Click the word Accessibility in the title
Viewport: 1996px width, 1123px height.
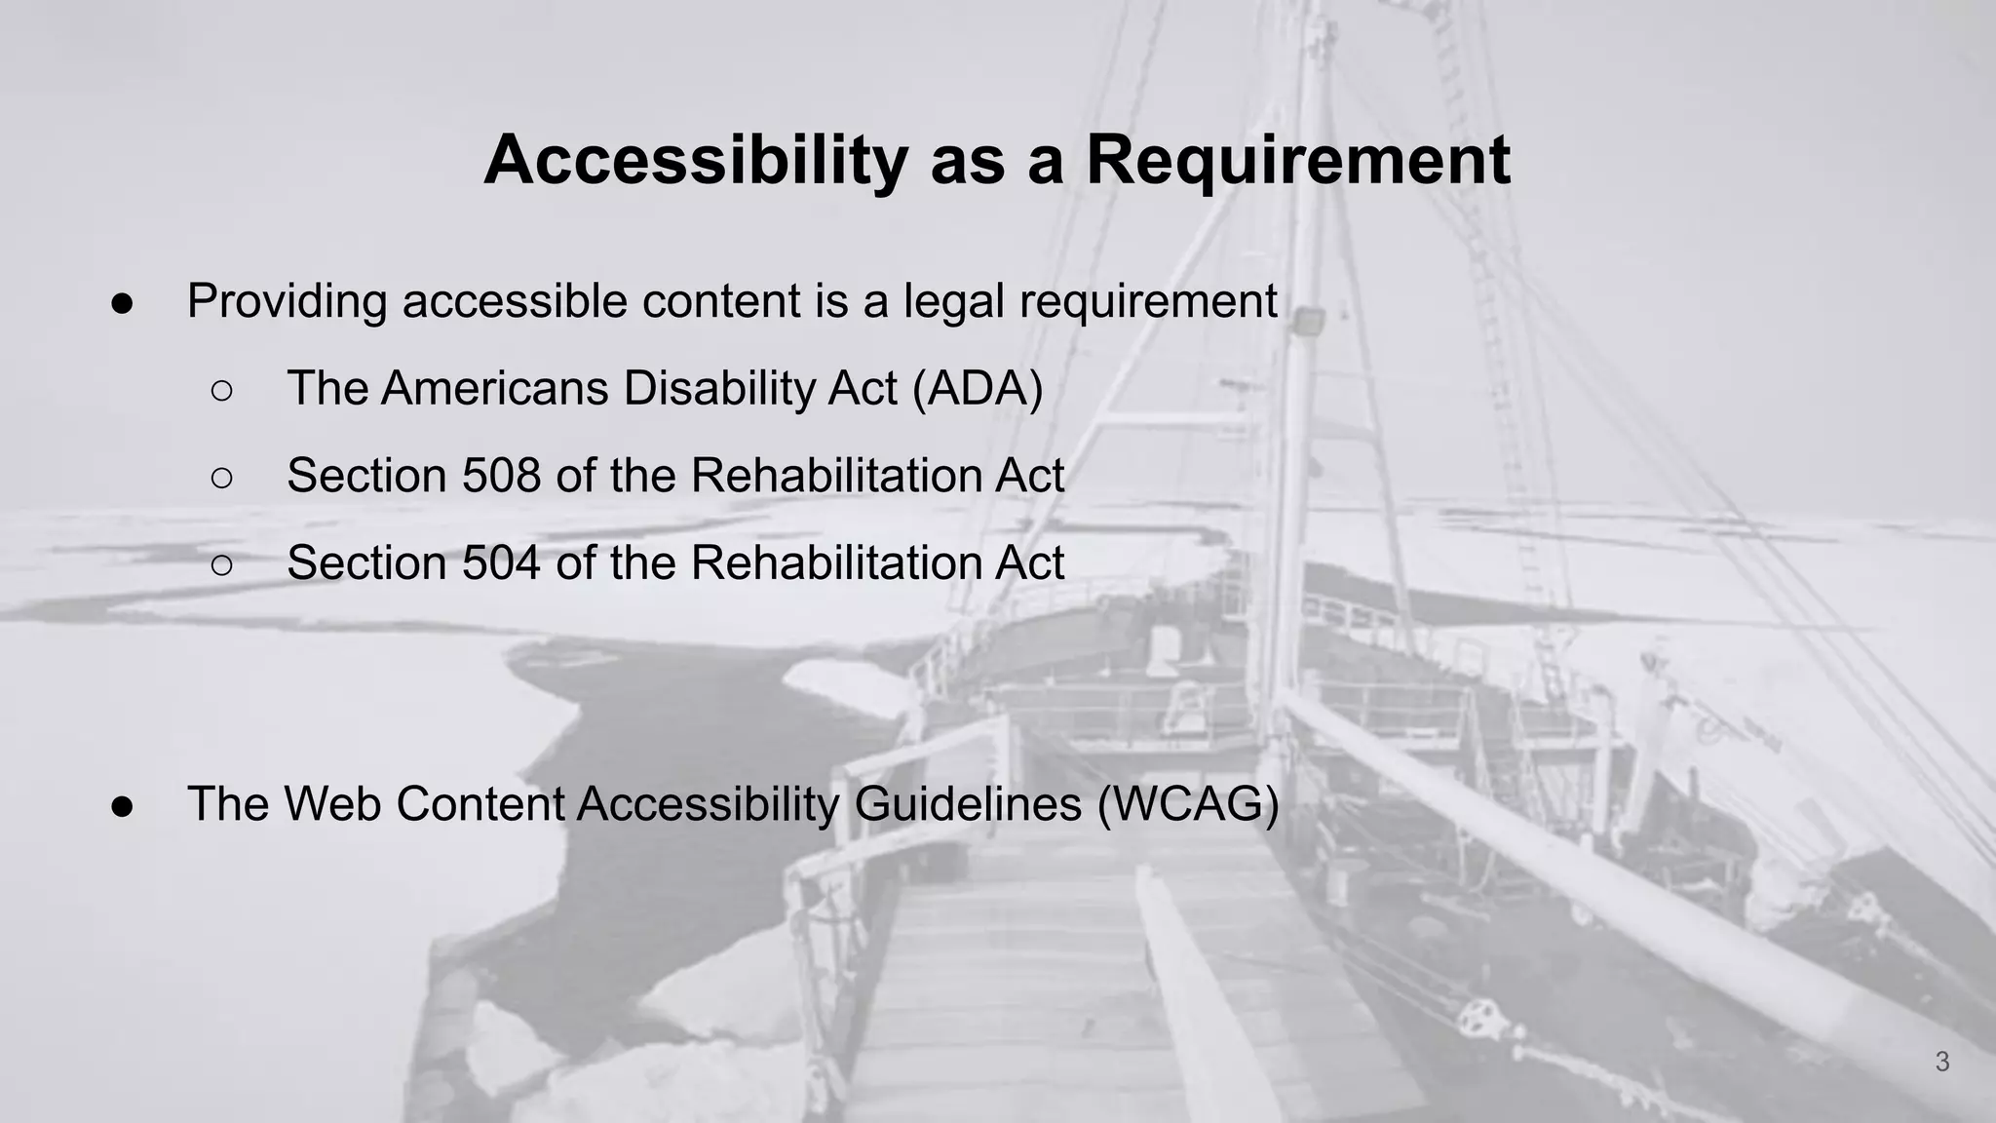(695, 160)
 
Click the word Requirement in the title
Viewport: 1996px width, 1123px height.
(1297, 160)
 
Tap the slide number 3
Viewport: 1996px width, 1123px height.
(1941, 1062)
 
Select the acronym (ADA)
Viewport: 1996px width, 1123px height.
(978, 388)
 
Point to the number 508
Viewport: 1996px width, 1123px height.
(501, 476)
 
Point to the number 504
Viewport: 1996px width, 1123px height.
(501, 563)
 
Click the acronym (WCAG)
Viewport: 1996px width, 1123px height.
(1187, 804)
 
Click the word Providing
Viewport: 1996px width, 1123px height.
(287, 301)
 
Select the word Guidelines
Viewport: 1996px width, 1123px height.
(967, 804)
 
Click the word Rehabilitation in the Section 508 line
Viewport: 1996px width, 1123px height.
(836, 476)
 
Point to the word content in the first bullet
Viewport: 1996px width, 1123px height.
(720, 301)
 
